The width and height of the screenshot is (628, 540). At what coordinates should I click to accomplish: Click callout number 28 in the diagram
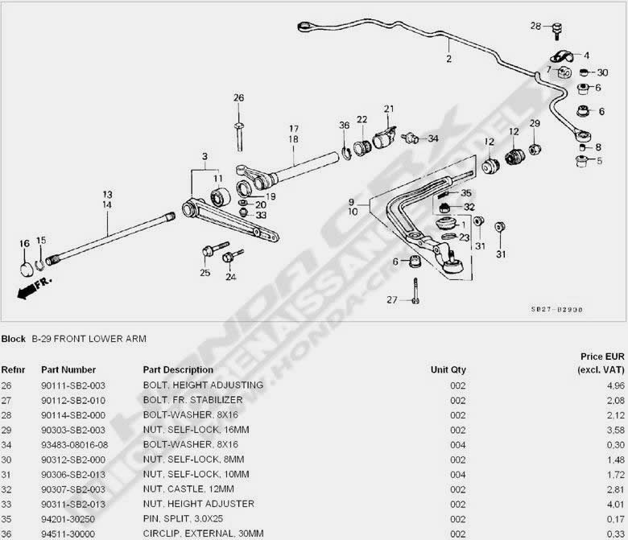(535, 27)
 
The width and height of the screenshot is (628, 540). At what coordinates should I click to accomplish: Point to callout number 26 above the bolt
(238, 98)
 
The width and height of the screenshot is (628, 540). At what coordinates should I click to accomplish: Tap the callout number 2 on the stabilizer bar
(448, 59)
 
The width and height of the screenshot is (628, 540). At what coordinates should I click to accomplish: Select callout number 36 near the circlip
(344, 125)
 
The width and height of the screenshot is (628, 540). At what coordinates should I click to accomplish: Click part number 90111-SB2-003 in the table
(68, 385)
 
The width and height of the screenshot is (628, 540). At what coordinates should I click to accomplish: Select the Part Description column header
(178, 370)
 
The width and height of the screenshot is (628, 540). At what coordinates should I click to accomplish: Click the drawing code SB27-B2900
(556, 308)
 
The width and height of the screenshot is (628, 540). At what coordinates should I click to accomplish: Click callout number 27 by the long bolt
(392, 300)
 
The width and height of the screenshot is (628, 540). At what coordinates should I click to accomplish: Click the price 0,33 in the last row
(605, 533)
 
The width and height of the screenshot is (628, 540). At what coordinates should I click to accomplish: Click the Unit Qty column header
(448, 370)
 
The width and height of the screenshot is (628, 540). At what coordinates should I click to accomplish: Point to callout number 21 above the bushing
(389, 109)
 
